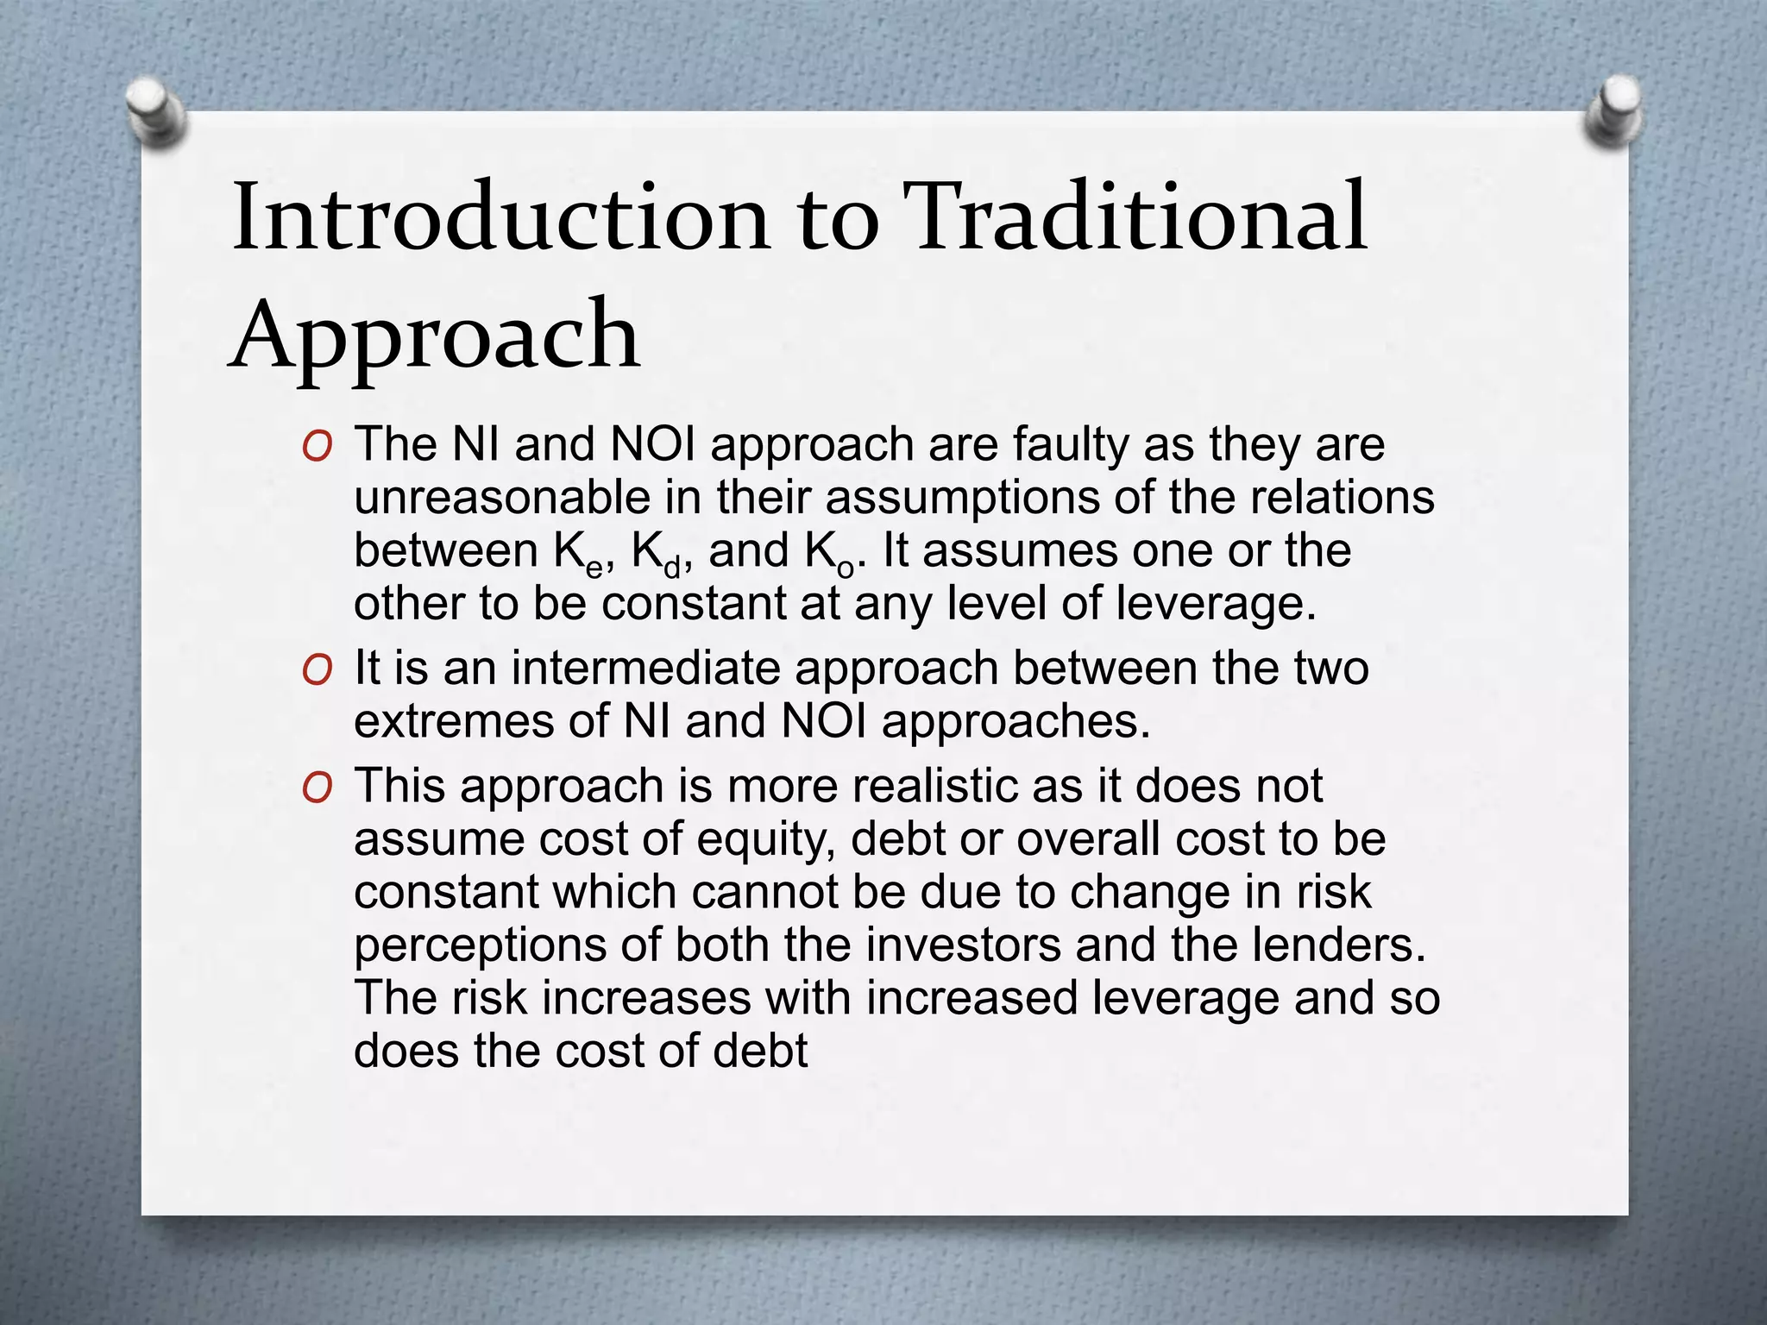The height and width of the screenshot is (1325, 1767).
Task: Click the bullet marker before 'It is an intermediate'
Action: coord(318,670)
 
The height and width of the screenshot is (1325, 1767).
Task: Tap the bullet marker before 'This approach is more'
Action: coord(318,788)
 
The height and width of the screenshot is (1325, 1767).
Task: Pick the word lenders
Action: coord(1339,945)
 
